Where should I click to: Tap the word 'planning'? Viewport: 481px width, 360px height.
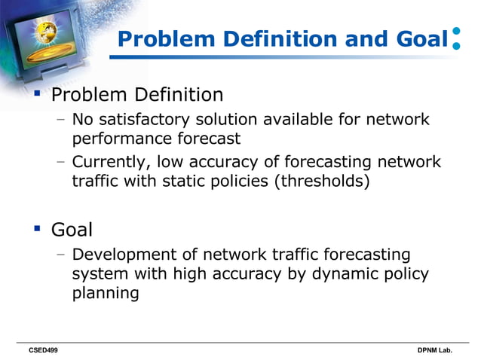click(x=106, y=293)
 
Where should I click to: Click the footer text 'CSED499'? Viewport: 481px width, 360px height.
click(x=43, y=351)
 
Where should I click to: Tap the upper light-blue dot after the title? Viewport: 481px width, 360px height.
click(x=456, y=32)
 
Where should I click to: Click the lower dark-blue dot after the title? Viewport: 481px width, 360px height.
click(x=456, y=46)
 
